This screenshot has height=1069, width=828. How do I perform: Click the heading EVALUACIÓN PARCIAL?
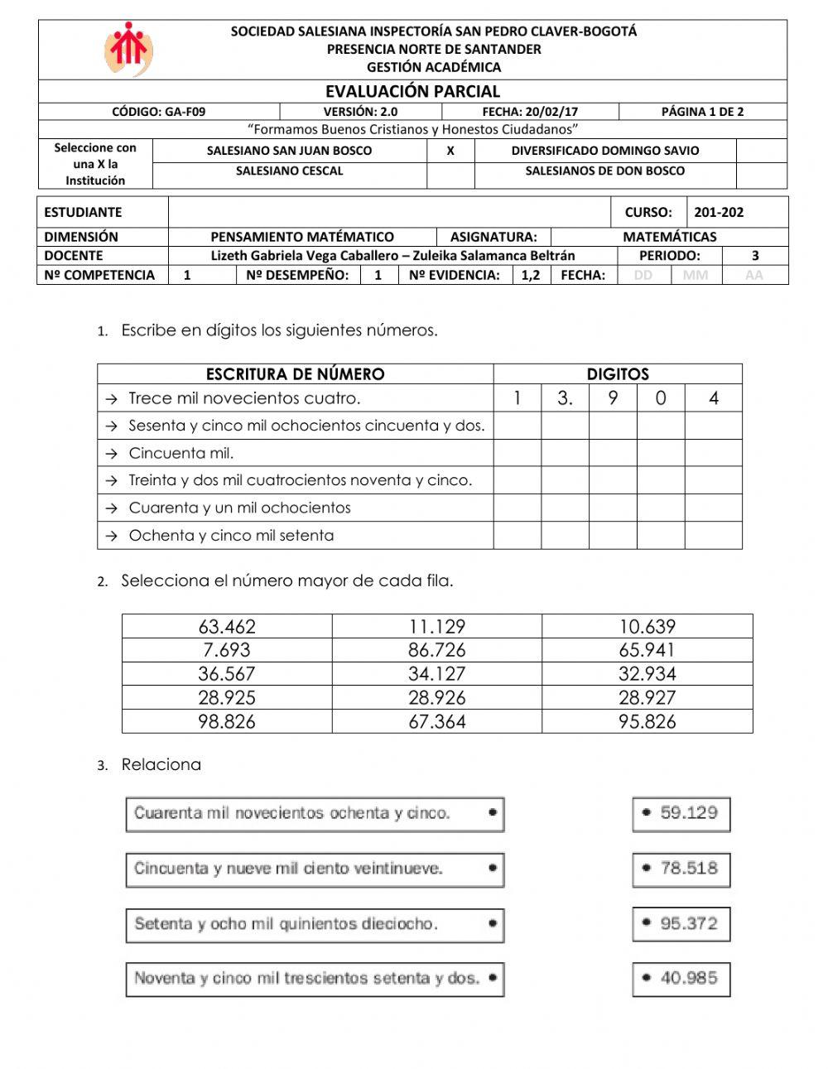click(x=412, y=91)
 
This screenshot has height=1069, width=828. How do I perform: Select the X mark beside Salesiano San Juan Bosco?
click(x=450, y=151)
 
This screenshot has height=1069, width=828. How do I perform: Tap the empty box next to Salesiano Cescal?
click(x=450, y=171)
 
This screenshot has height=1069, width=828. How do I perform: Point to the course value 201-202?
click(x=718, y=212)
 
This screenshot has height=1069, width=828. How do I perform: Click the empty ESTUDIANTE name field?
click(x=389, y=212)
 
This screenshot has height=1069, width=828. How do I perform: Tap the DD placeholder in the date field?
click(x=643, y=275)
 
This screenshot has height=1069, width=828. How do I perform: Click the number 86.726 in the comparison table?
click(x=436, y=650)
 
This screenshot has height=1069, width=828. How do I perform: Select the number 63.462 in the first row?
click(x=227, y=627)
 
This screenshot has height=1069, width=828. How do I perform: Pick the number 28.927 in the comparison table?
click(x=647, y=697)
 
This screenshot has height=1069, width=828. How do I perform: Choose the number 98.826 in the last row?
click(x=227, y=721)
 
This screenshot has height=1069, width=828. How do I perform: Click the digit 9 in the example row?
click(x=613, y=398)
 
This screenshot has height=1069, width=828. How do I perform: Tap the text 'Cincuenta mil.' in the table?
click(x=181, y=453)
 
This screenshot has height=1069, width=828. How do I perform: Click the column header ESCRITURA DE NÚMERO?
click(x=295, y=374)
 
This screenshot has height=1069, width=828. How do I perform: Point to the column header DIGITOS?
click(x=618, y=374)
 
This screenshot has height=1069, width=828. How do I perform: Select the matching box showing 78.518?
click(x=681, y=869)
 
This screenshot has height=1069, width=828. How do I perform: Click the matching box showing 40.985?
click(x=681, y=978)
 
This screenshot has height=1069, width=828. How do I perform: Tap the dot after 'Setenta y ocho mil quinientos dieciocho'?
click(x=493, y=923)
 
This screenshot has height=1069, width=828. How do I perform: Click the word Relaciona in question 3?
click(x=161, y=764)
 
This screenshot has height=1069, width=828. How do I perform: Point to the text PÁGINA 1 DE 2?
click(x=702, y=112)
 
